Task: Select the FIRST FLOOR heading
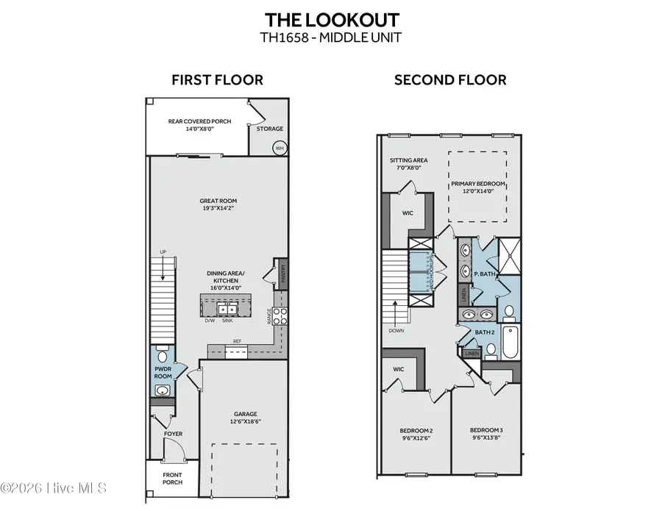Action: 217,80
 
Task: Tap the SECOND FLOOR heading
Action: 450,80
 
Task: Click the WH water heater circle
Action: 280,148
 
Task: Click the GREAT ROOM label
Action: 218,201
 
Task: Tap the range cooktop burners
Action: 280,315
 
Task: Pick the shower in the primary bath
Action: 509,256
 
